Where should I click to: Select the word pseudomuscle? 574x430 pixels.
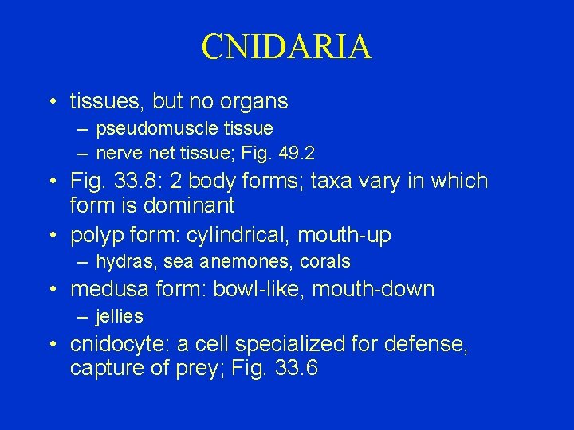148,127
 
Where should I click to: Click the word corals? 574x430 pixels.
325,261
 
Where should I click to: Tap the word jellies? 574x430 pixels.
120,316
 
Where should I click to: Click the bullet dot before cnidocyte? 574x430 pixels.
52,345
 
